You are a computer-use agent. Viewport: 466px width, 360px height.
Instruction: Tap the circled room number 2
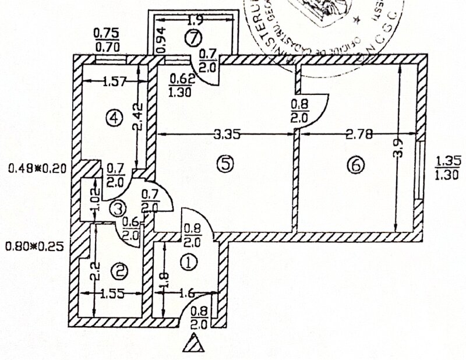point(120,270)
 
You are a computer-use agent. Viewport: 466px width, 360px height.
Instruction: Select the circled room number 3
point(118,207)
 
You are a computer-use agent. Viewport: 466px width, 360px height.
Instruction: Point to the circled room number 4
point(115,118)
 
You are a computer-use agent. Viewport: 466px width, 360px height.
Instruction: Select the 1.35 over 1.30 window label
point(446,167)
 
